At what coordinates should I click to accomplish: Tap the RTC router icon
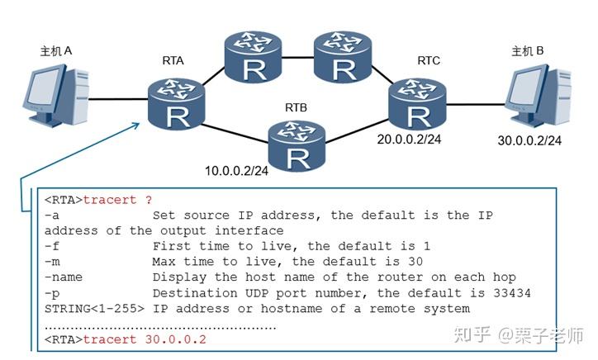[x=418, y=104]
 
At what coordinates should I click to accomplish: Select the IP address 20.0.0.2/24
[x=409, y=140]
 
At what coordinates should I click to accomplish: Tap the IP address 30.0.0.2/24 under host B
[x=529, y=140]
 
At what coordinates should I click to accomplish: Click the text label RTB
[x=296, y=108]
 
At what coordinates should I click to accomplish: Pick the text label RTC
[x=428, y=60]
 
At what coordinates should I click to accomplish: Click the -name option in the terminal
[x=64, y=277]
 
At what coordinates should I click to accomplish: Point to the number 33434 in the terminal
[x=511, y=293]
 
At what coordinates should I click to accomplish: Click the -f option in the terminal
[x=52, y=246]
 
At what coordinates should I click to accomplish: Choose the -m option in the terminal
[x=52, y=262]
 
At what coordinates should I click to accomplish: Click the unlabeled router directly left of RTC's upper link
[x=343, y=56]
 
